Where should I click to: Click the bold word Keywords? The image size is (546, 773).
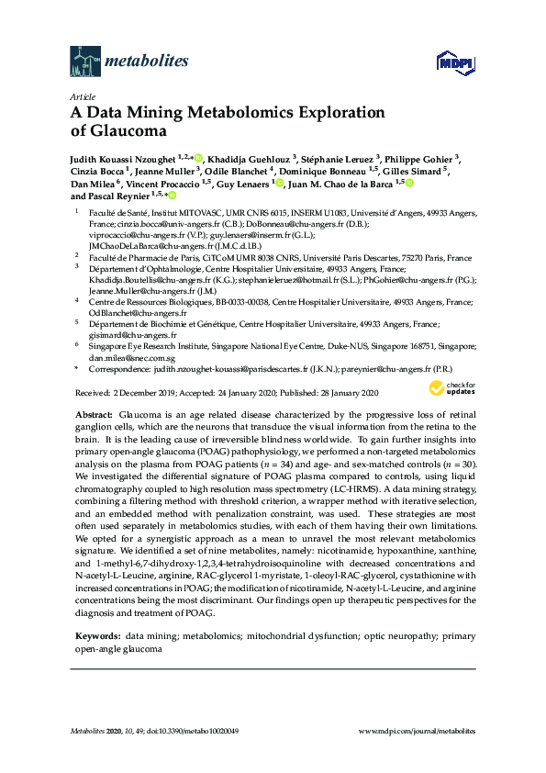(x=97, y=634)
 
